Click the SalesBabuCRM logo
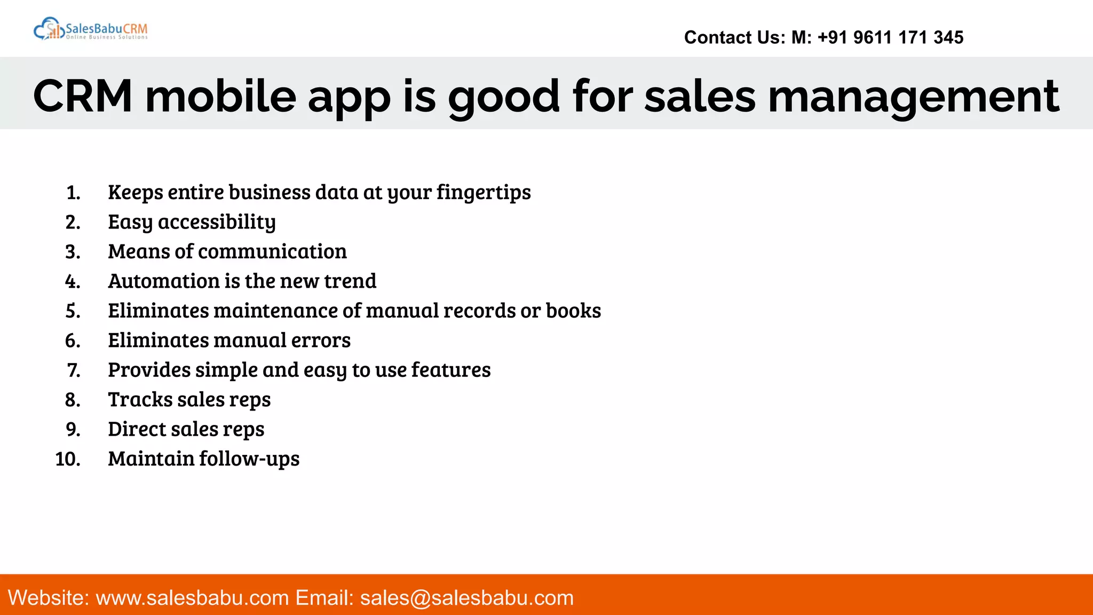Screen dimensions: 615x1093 91,29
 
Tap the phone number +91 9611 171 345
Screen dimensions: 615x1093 890,37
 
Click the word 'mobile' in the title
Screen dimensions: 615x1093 220,97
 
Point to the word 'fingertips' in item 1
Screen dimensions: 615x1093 484,192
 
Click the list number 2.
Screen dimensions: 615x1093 73,222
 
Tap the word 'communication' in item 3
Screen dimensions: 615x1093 272,251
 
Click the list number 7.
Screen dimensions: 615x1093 74,370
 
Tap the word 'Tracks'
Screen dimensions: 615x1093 140,400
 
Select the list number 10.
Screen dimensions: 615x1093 68,459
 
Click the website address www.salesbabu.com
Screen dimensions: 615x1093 192,598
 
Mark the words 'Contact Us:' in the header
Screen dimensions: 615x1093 734,37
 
